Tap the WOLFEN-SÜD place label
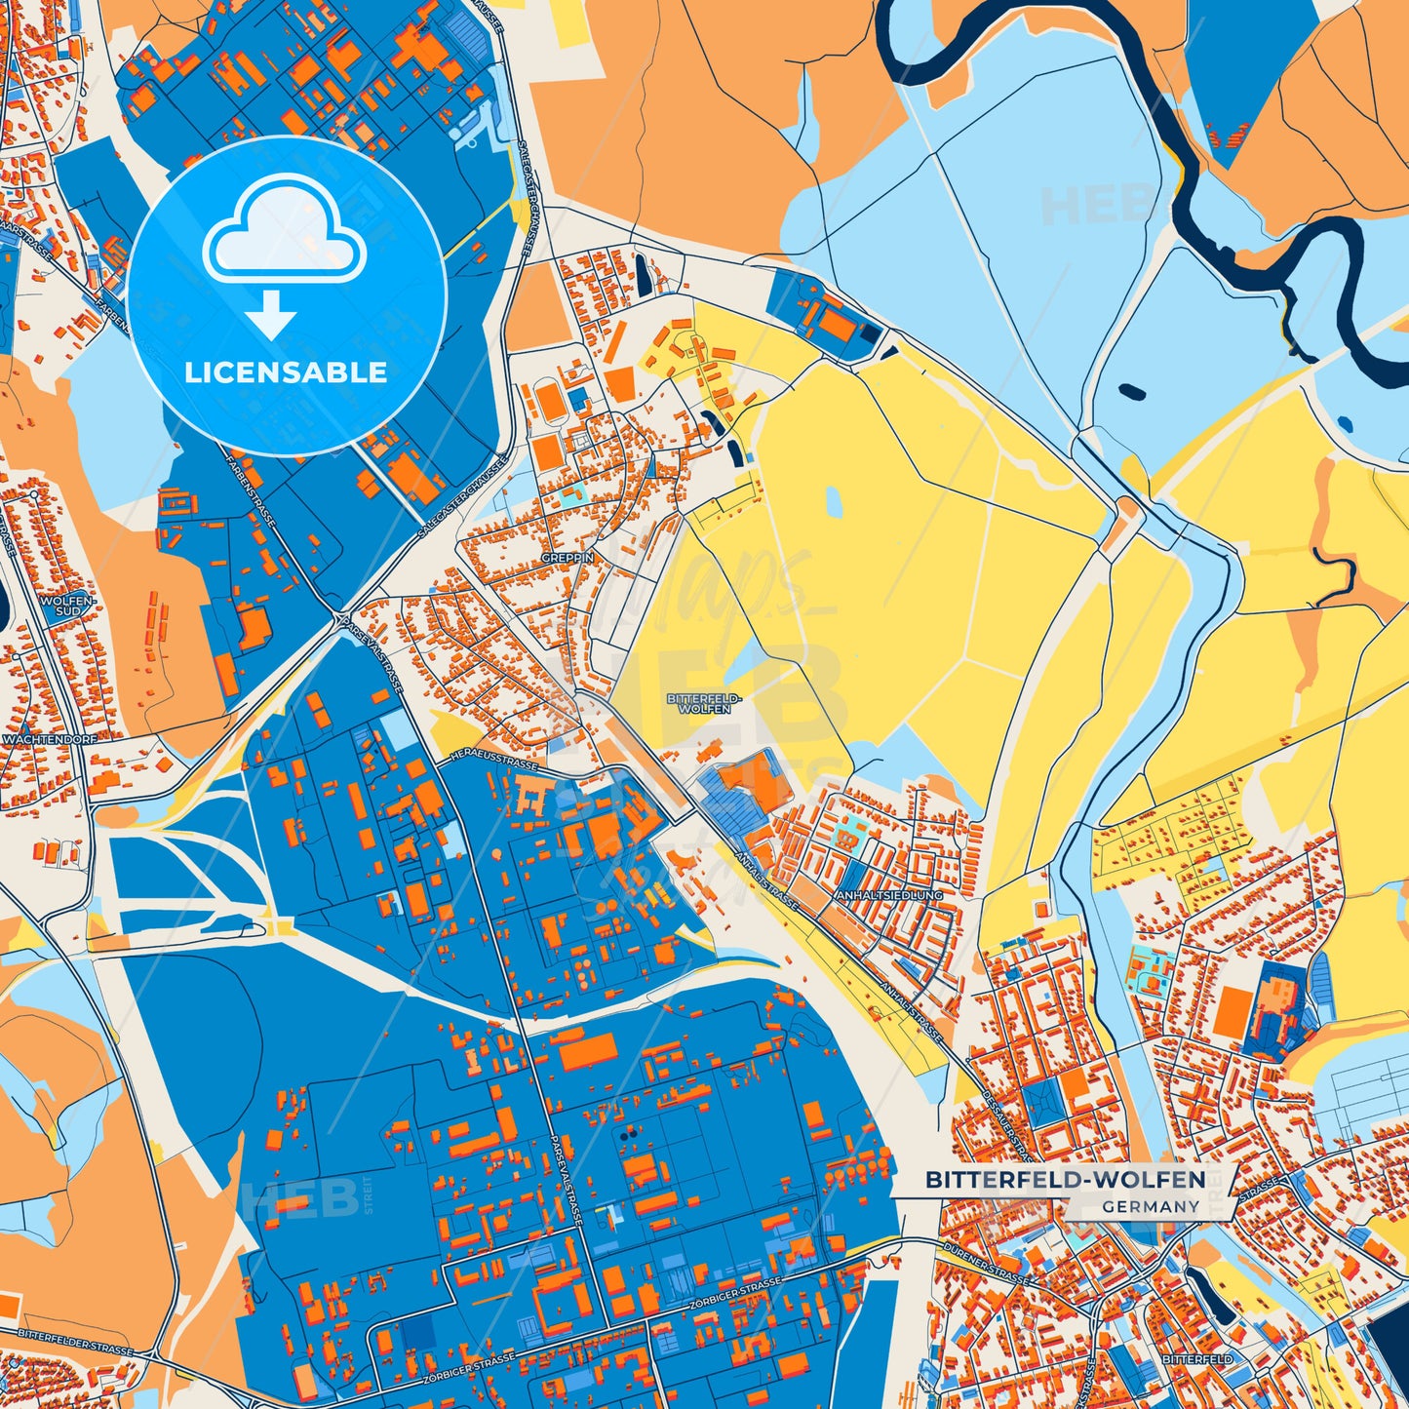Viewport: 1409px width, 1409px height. coord(65,607)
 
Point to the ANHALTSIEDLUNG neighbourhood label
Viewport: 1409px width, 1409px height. coord(888,894)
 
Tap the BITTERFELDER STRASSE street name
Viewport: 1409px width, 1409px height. coord(76,1346)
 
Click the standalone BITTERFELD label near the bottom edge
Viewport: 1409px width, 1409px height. coord(1196,1359)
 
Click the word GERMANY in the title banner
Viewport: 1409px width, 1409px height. coord(1151,1206)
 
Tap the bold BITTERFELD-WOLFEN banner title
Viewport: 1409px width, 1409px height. coord(1065,1180)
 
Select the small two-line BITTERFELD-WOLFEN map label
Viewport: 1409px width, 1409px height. coord(704,704)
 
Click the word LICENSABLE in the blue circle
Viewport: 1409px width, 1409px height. coord(286,372)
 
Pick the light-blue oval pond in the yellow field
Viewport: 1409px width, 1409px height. coord(834,501)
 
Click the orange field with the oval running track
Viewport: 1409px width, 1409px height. coord(548,401)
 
